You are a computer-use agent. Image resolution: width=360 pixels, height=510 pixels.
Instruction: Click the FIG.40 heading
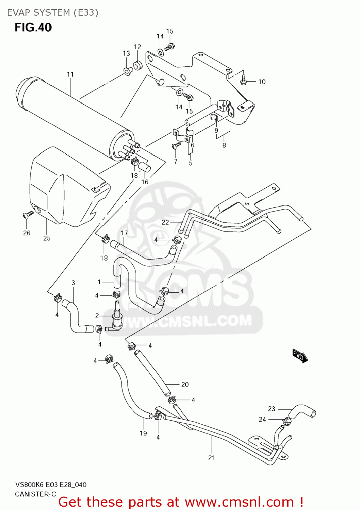coord(33,28)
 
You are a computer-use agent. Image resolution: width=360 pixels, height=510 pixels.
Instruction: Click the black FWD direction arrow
coord(300,356)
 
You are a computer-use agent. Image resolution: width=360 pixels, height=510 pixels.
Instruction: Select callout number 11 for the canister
coord(70,74)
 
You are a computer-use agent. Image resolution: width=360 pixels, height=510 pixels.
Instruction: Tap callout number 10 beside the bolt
coord(262,82)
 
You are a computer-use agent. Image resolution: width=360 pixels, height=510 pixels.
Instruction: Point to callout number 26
coord(27,233)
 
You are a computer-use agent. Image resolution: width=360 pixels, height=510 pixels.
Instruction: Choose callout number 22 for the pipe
coord(165,222)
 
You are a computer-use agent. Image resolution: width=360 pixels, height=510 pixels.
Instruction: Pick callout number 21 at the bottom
coord(212,458)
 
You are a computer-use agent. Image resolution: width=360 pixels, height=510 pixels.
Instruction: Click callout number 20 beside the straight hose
coord(185,385)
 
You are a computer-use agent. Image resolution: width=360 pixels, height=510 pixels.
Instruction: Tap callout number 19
coord(143,433)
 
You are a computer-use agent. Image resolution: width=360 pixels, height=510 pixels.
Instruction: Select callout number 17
coord(124,233)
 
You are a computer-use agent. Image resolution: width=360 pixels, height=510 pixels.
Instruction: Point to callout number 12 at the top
coord(137,47)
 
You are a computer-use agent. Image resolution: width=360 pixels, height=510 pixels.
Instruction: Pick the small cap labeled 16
coord(145,167)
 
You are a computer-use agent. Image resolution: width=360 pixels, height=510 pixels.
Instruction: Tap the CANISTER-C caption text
coord(35,494)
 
